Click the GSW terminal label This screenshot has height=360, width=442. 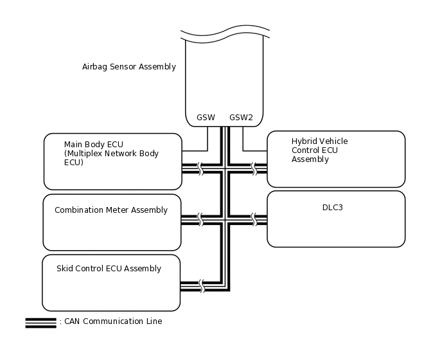(x=206, y=118)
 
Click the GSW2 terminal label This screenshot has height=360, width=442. (x=241, y=118)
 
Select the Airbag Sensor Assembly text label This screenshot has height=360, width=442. (x=128, y=67)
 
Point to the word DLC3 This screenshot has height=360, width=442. (x=332, y=208)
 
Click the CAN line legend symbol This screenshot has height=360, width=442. (x=40, y=323)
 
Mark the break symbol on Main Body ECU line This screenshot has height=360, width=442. (x=200, y=168)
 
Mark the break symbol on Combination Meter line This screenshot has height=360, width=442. (x=200, y=220)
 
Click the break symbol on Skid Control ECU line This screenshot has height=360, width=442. (x=202, y=286)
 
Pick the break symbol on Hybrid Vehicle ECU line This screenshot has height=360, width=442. (x=254, y=168)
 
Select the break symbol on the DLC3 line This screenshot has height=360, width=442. (x=254, y=220)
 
